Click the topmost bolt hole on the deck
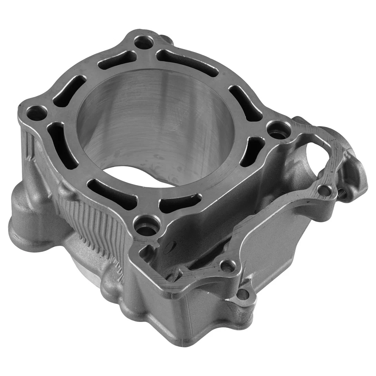click(143, 42)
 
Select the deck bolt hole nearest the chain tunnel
click(279, 129)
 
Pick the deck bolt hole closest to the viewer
click(147, 226)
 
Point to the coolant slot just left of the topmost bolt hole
click(117, 60)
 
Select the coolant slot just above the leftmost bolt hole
click(69, 91)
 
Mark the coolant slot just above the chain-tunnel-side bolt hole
click(245, 103)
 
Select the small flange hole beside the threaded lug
click(324, 190)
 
